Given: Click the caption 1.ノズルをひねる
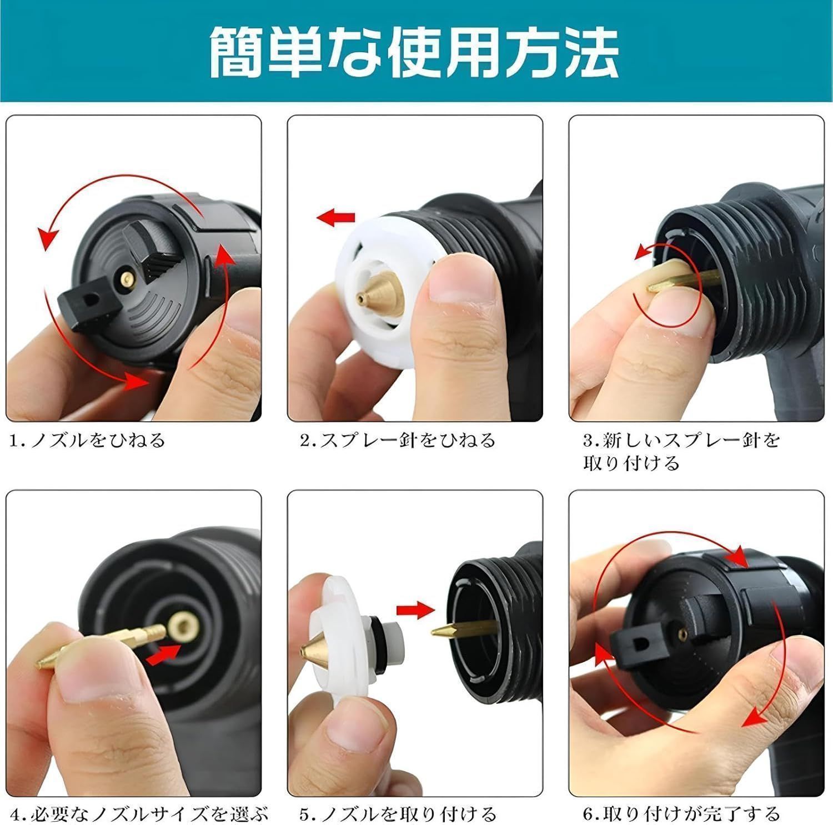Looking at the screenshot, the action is point(88,441).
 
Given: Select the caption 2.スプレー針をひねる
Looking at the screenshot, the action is point(398,441).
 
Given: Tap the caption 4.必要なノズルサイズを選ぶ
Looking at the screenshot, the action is point(139,815).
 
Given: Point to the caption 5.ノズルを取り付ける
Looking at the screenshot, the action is point(398,815).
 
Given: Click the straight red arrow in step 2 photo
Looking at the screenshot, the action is point(335,217).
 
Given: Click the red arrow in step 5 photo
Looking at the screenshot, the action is point(415,610).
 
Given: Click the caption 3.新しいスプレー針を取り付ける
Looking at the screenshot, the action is point(681,451).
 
